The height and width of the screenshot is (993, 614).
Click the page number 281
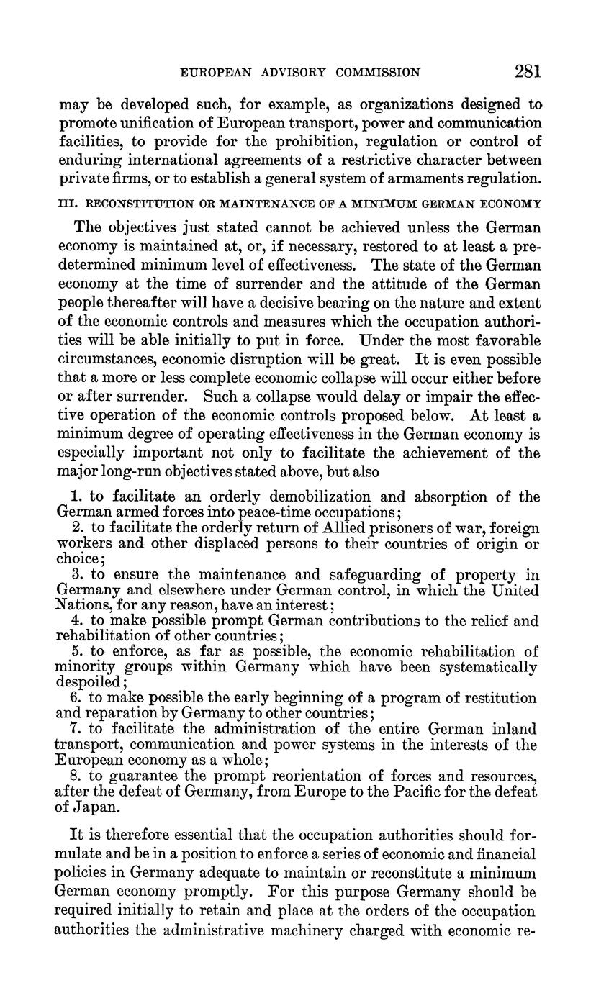528,71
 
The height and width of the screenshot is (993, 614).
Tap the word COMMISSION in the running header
379,72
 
